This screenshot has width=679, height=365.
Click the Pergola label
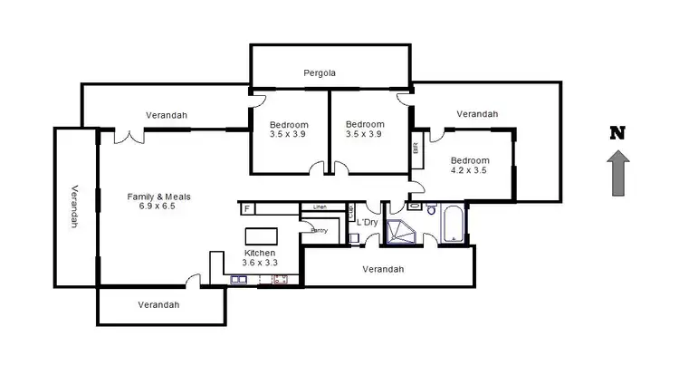pyautogui.click(x=320, y=72)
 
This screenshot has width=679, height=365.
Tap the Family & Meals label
pyautogui.click(x=158, y=196)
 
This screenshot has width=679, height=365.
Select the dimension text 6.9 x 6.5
pyautogui.click(x=158, y=207)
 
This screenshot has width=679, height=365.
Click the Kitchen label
pyautogui.click(x=261, y=253)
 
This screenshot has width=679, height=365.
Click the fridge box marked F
pyautogui.click(x=246, y=208)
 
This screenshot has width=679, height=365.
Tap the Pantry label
pyautogui.click(x=319, y=230)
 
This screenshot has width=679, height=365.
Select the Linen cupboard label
pyautogui.click(x=320, y=207)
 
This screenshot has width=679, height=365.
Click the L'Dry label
pyautogui.click(x=367, y=222)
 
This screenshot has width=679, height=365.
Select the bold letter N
pyautogui.click(x=618, y=133)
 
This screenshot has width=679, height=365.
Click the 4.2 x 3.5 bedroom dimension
pyautogui.click(x=469, y=168)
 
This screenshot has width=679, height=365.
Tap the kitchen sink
pyautogui.click(x=240, y=280)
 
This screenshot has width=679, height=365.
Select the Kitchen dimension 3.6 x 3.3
pyautogui.click(x=261, y=263)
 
